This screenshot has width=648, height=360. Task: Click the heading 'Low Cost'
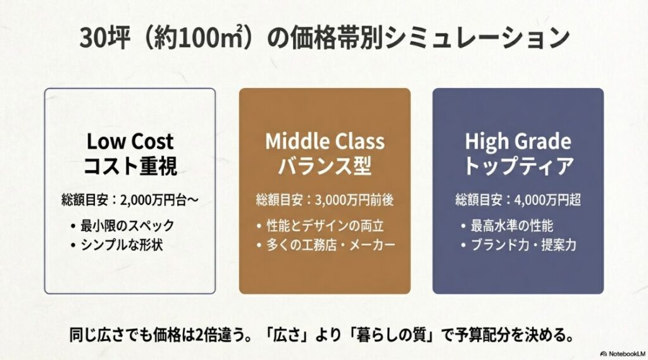click(x=130, y=140)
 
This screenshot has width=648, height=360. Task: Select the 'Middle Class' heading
click(x=325, y=140)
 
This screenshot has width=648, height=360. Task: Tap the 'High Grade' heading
click(x=518, y=140)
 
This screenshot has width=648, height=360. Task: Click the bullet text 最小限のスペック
click(x=127, y=225)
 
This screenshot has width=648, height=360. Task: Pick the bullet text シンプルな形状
click(x=121, y=244)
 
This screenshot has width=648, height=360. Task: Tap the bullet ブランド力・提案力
click(x=523, y=244)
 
